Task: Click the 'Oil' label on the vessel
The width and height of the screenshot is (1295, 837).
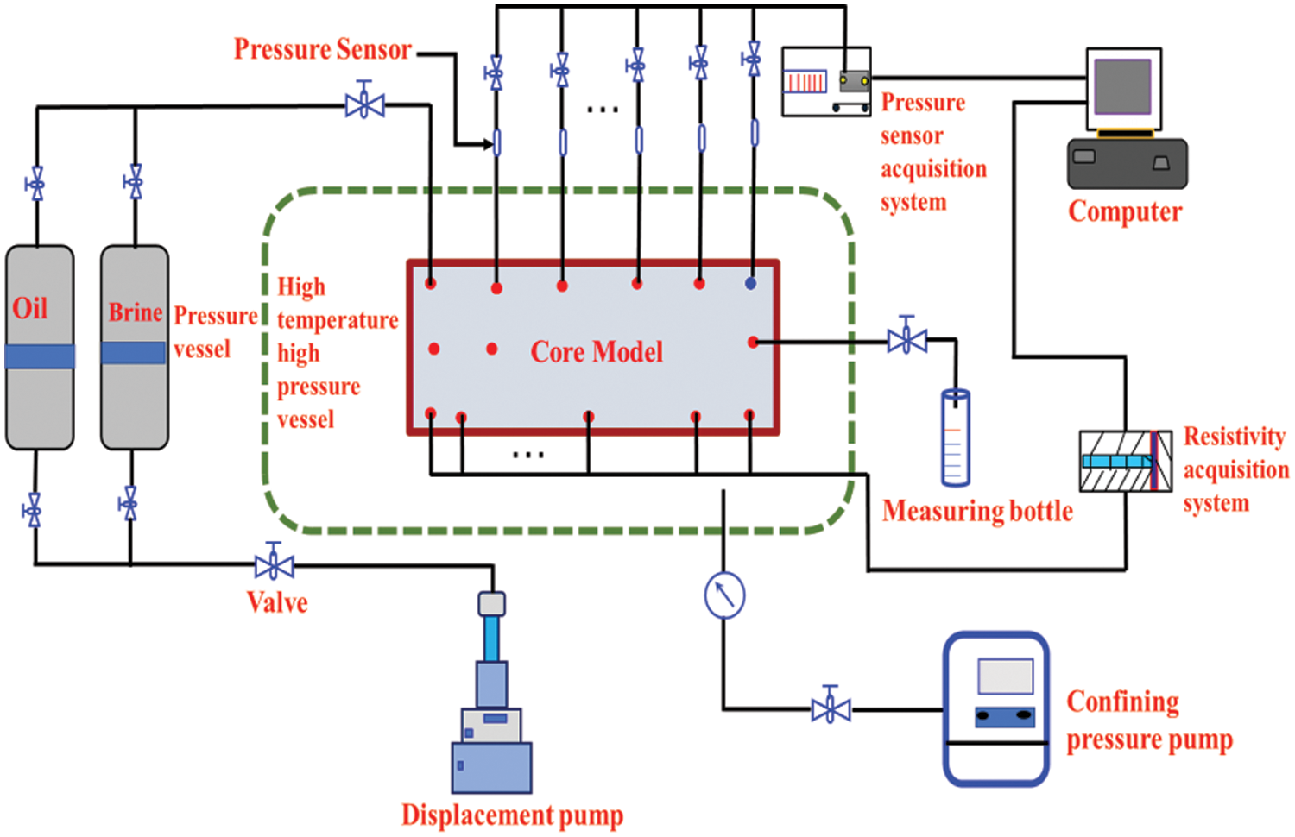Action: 29,308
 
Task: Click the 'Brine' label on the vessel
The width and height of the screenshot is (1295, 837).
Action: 135,312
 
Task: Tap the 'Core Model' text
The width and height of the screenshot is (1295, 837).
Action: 597,351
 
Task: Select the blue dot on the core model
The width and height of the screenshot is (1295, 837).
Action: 750,283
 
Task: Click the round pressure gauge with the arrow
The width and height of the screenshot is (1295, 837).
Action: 724,595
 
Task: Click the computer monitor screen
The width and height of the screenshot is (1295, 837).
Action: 1122,87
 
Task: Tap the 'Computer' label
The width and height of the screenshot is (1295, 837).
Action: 1125,211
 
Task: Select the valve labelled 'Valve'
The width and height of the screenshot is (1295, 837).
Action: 275,565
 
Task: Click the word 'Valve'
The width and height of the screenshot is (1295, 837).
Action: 277,602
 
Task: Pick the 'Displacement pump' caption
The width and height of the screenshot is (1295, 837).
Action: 512,815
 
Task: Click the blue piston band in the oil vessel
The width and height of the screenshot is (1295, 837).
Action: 40,356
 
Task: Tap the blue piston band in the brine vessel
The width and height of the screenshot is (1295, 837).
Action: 134,352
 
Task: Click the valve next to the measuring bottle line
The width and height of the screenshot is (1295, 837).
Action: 906,340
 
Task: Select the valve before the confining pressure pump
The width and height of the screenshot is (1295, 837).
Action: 831,709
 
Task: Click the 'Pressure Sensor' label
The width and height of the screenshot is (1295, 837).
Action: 323,49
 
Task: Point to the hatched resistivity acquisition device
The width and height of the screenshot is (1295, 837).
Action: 1125,461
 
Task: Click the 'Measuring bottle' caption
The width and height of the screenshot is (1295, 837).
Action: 977,511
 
